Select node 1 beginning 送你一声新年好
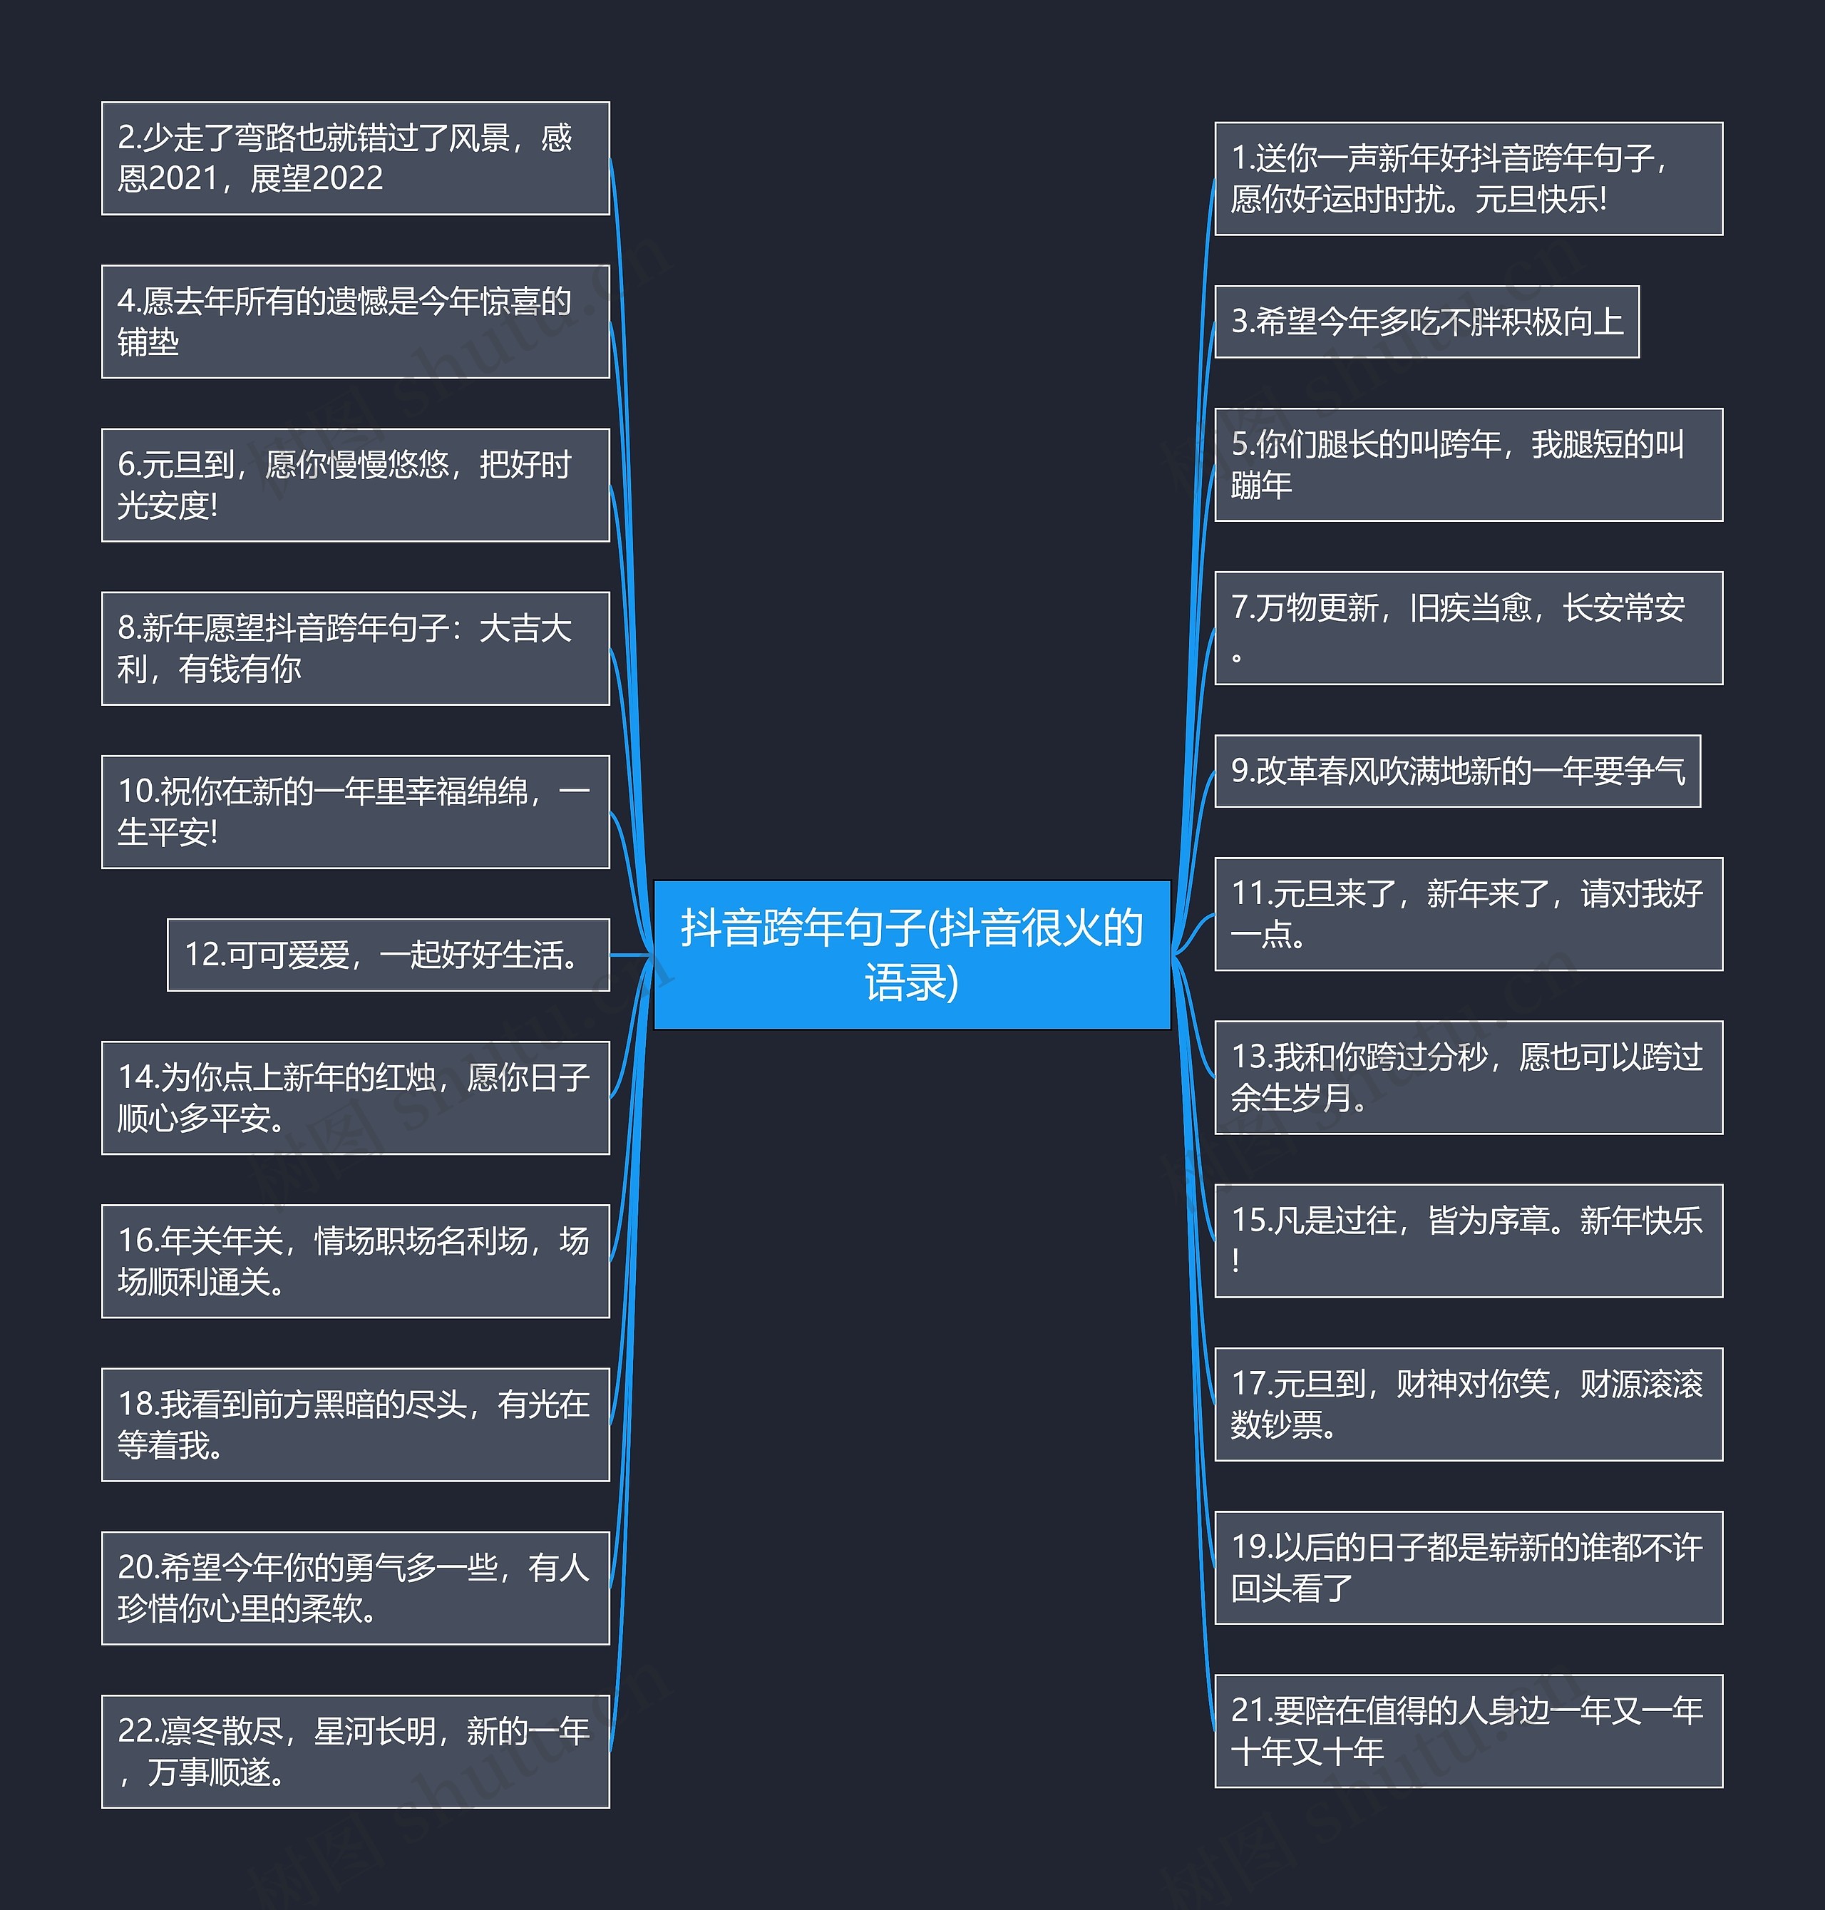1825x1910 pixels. click(x=1468, y=178)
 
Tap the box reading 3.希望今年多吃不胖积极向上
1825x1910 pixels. click(x=1426, y=321)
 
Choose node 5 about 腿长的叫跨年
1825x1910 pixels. click(x=1468, y=464)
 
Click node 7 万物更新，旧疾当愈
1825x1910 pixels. click(x=1468, y=627)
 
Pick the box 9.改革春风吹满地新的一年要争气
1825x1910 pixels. click(x=1457, y=771)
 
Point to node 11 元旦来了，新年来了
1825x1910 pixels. click(x=1468, y=913)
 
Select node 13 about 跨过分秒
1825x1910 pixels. click(x=1468, y=1077)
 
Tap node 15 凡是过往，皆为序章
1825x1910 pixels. click(x=1468, y=1241)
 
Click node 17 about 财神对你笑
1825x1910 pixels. click(x=1468, y=1404)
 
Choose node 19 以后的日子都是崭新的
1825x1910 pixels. click(x=1468, y=1568)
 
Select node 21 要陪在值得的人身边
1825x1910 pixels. click(x=1468, y=1731)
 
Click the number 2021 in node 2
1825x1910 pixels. click(x=184, y=179)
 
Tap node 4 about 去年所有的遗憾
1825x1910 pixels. click(x=355, y=321)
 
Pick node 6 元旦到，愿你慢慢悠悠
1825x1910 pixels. click(x=355, y=485)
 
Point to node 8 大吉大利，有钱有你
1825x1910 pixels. click(x=355, y=648)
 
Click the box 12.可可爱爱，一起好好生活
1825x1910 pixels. click(x=388, y=955)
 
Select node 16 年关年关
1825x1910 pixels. click(x=355, y=1261)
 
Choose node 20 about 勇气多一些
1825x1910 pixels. click(x=355, y=1588)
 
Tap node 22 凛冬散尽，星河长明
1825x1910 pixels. click(x=355, y=1752)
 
